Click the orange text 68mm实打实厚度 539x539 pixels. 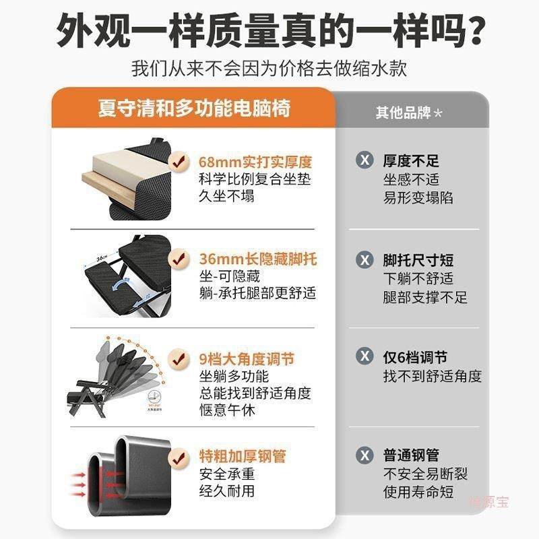[x=255, y=162]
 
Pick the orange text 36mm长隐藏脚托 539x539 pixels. [x=257, y=259]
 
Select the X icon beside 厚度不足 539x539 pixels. [x=364, y=161]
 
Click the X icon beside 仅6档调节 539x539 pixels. [x=364, y=357]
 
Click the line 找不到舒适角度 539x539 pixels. [x=433, y=376]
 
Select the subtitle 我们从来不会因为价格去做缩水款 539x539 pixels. [x=269, y=69]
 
